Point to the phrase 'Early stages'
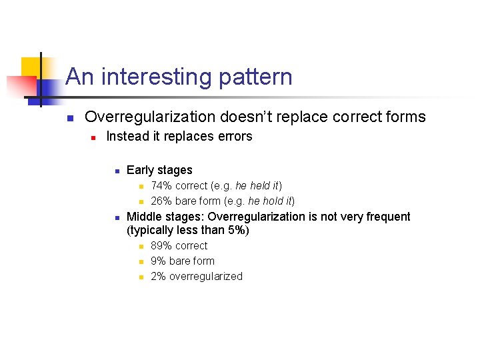pos(159,170)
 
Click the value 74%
pos(161,186)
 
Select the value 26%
pos(161,201)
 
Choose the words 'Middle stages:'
pos(166,217)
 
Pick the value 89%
pos(161,246)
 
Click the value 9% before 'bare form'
pos(159,261)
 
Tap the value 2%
pos(159,277)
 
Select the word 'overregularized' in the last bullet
pos(206,277)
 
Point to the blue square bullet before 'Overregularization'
pos(69,119)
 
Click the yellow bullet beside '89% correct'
pos(141,247)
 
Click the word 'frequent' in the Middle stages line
pos(389,217)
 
